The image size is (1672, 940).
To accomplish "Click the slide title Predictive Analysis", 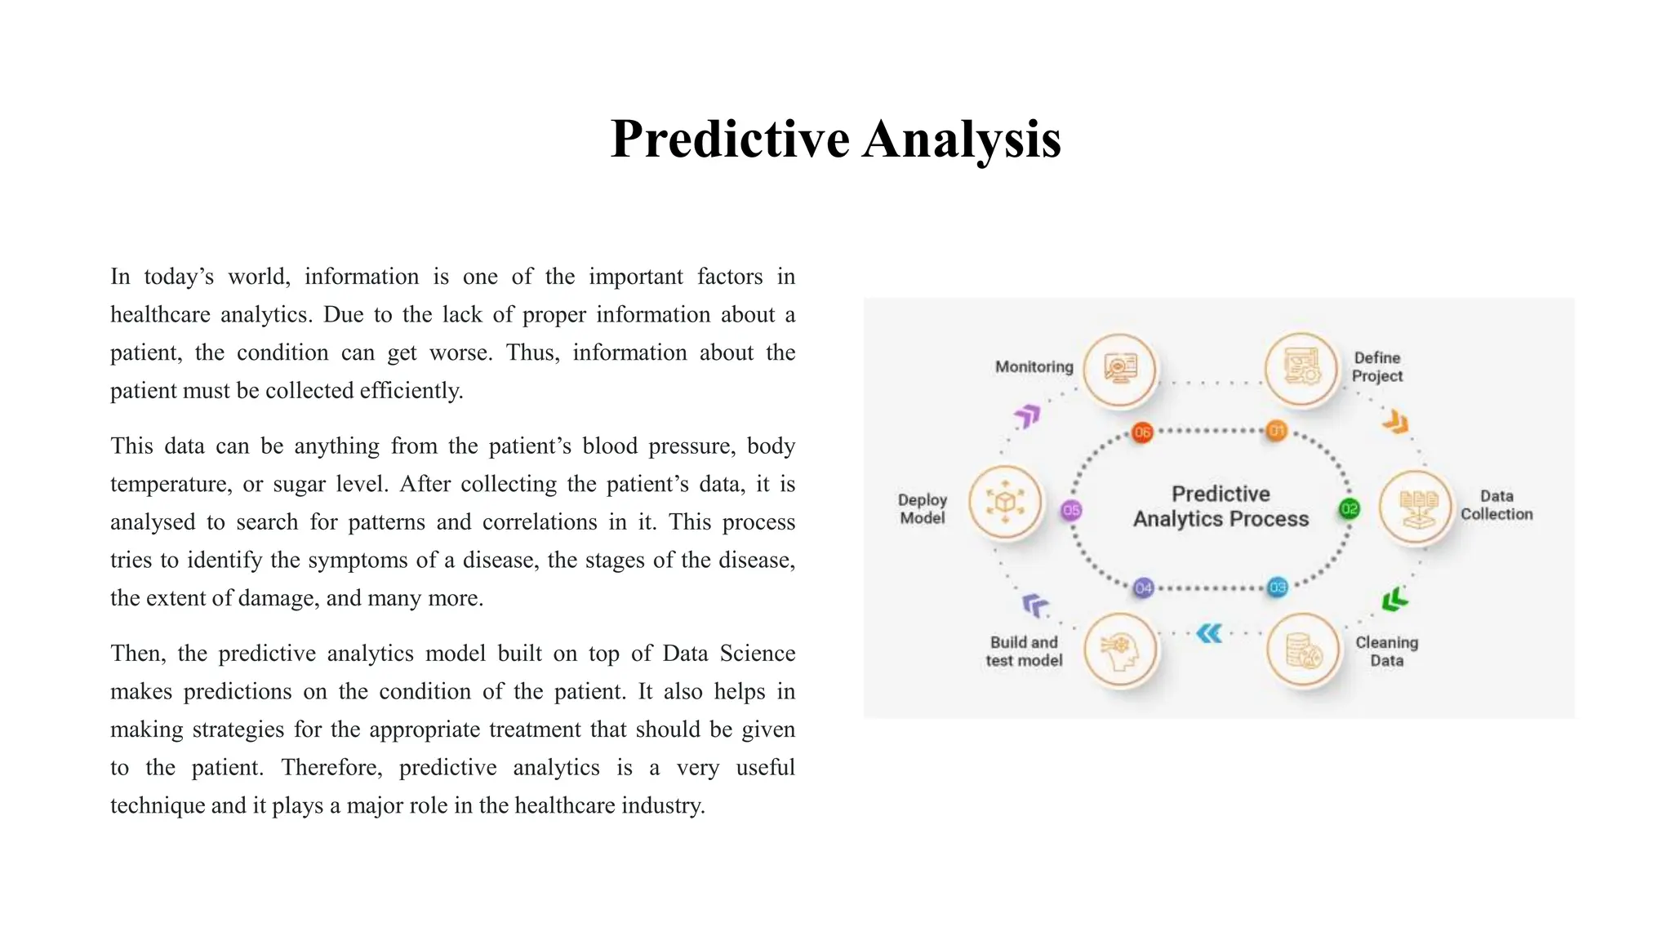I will coord(835,139).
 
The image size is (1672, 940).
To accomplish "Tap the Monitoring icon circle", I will coord(1120,370).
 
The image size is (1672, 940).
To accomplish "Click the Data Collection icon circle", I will coord(1416,507).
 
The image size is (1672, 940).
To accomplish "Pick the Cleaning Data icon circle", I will coord(1304,650).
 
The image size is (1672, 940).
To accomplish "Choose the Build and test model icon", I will coord(1120,650).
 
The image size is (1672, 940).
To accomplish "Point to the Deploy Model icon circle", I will coord(1005,502).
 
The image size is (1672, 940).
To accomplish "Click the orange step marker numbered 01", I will coord(1276,431).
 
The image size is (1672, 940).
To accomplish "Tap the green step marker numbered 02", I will coord(1350,509).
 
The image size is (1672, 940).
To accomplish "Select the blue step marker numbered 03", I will coord(1278,587).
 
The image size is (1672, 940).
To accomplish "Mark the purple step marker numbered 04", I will coord(1144,587).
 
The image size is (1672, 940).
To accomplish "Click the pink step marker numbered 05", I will coord(1071,511).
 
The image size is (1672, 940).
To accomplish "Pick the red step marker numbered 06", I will coord(1142,432).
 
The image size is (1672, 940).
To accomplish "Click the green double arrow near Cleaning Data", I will coord(1394,600).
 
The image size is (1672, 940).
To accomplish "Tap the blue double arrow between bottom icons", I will coord(1209,633).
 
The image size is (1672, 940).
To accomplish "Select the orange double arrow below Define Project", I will coord(1396,423).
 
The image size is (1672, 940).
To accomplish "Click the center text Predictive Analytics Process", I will coord(1221,507).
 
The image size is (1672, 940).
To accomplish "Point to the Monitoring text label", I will coord(1034,367).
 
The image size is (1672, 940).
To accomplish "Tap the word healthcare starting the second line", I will coord(160,315).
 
